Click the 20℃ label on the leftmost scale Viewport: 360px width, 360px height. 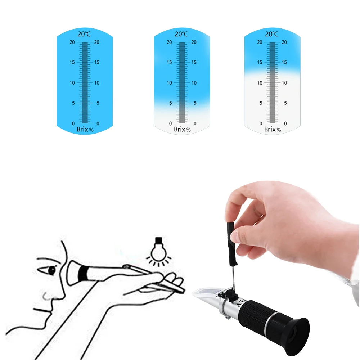tap(85, 34)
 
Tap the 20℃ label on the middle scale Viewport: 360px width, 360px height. tap(181, 34)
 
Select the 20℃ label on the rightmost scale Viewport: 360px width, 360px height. tap(272, 34)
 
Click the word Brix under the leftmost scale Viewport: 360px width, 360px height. tap(82, 129)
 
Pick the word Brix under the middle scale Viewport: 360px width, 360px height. tap(179, 129)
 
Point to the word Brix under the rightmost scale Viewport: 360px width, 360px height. tap(270, 129)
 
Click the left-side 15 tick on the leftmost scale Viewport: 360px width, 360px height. tap(72, 62)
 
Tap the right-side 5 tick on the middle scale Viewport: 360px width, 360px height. tap(194, 103)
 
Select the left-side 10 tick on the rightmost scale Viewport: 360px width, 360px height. tap(260, 83)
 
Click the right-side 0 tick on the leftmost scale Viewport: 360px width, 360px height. tap(98, 123)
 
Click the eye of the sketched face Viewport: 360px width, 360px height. tap(51, 269)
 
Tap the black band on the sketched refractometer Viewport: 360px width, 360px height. tap(84, 273)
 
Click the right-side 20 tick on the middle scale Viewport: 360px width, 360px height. tap(194, 42)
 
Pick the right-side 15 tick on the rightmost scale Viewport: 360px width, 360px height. tap(284, 62)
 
